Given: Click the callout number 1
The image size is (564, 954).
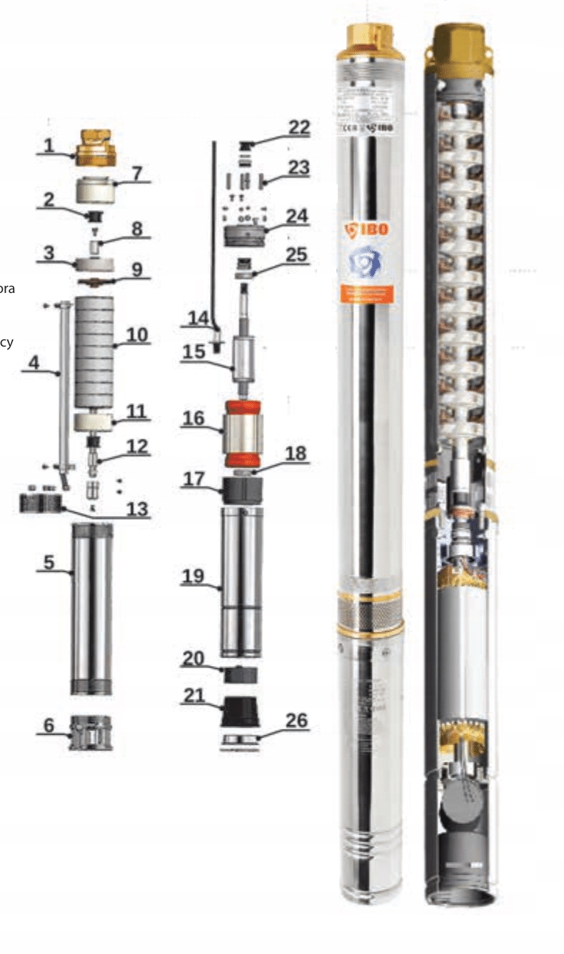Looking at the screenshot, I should (x=49, y=145).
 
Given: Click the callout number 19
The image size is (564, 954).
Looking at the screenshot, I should (x=193, y=577).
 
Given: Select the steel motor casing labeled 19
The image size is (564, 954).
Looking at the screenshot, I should (x=241, y=582).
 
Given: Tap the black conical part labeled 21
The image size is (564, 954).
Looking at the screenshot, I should (x=241, y=711).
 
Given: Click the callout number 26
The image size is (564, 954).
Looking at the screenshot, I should (x=296, y=720).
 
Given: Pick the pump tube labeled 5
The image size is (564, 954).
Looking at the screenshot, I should (x=91, y=607).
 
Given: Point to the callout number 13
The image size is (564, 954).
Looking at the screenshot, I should (x=136, y=508).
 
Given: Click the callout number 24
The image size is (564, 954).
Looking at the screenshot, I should (x=298, y=214).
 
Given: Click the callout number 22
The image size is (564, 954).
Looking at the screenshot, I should (x=299, y=127).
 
